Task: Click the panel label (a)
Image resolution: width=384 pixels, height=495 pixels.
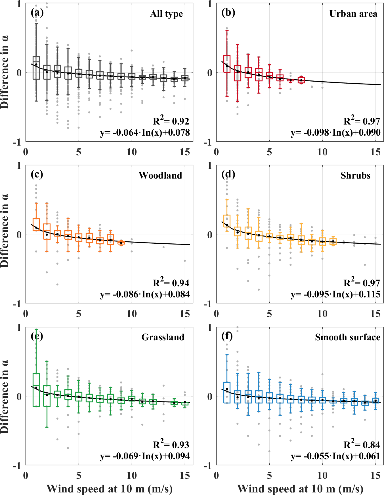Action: pyautogui.click(x=37, y=13)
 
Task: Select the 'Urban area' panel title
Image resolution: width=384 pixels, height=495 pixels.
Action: pyautogui.click(x=353, y=14)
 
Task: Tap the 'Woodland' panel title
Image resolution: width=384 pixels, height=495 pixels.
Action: pyautogui.click(x=160, y=175)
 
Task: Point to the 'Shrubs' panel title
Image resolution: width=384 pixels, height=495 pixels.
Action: pyautogui.click(x=355, y=175)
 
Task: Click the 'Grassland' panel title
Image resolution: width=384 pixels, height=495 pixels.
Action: pyautogui.click(x=163, y=337)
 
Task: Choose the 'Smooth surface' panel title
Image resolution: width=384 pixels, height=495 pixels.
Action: pyautogui.click(x=348, y=337)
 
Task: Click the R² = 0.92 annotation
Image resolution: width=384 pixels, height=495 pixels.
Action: pyautogui.click(x=171, y=121)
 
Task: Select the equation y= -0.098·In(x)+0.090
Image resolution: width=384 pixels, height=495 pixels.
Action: pyautogui.click(x=335, y=132)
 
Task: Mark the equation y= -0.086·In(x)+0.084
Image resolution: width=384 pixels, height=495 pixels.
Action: pyautogui.click(x=145, y=294)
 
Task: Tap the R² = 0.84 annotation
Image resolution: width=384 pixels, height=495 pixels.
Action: pyautogui.click(x=362, y=444)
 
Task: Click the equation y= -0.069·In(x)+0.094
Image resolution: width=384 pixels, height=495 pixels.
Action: pyautogui.click(x=145, y=456)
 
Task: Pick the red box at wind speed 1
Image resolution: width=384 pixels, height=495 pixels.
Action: pyautogui.click(x=227, y=64)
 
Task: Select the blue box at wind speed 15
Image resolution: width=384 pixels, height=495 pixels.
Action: pyautogui.click(x=375, y=400)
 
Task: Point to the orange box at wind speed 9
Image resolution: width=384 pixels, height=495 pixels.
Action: pyautogui.click(x=121, y=243)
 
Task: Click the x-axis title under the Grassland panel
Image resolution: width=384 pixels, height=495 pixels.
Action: pyautogui.click(x=110, y=489)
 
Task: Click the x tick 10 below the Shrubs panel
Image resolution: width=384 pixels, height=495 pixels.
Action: pyautogui.click(x=322, y=314)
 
